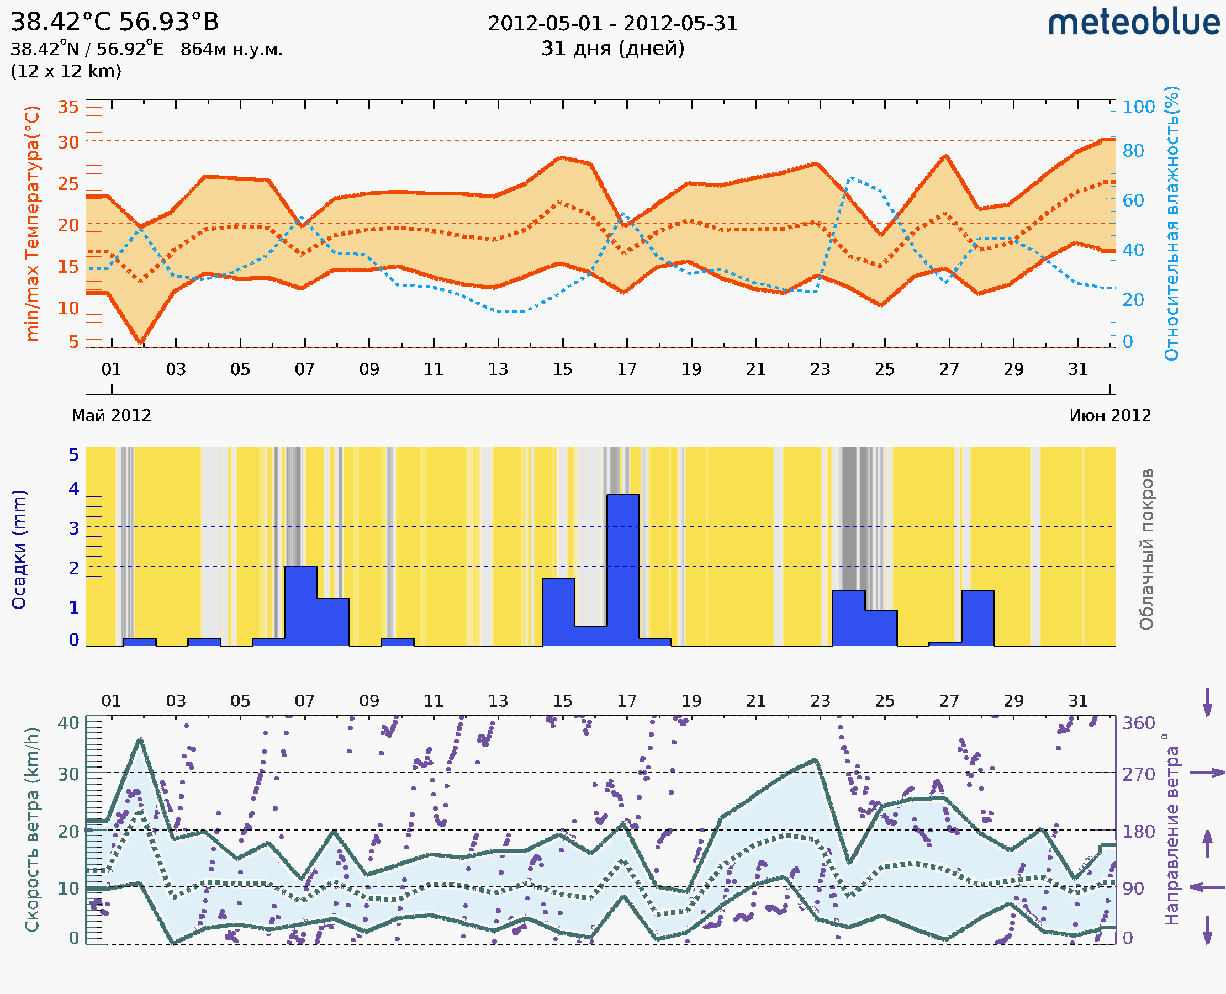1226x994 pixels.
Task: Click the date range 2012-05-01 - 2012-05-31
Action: tap(612, 24)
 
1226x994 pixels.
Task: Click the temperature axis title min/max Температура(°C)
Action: tap(33, 223)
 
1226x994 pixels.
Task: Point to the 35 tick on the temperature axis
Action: tap(68, 107)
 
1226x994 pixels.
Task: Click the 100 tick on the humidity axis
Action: tap(1138, 107)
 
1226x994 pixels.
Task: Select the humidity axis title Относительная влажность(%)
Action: tap(1171, 223)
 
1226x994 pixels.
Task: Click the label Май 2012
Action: tap(111, 415)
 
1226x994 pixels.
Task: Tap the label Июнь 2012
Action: tap(1110, 415)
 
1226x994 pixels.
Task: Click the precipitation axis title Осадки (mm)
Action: tap(19, 549)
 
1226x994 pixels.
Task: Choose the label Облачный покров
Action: tap(1146, 549)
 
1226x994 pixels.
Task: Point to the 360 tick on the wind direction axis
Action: tap(1138, 723)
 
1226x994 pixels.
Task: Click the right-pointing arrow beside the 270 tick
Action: tap(1207, 773)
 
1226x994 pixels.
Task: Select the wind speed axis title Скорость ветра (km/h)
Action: tap(33, 830)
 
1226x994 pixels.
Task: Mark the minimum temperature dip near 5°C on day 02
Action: tap(141, 342)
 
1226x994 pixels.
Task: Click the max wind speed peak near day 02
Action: tap(140, 740)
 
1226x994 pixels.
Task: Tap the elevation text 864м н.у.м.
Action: tap(231, 50)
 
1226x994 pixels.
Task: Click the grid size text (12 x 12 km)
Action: tap(66, 72)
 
